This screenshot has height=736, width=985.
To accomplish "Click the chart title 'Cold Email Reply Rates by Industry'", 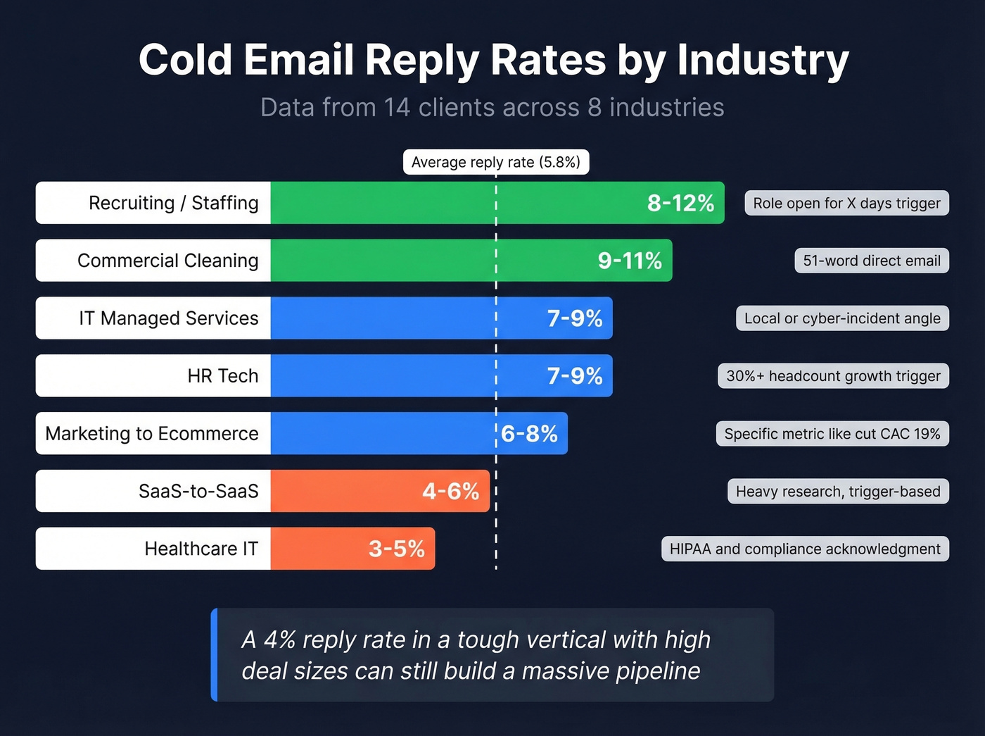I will [x=493, y=60].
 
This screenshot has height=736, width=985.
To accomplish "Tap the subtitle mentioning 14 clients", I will [x=492, y=108].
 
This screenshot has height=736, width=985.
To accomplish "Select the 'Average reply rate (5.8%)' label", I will [x=495, y=162].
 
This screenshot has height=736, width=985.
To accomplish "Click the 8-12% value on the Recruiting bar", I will [x=680, y=203].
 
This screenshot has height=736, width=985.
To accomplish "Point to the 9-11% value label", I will [x=630, y=261].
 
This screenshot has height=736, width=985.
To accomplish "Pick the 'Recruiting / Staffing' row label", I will [x=173, y=203].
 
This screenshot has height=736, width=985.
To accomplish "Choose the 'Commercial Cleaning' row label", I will [x=167, y=261].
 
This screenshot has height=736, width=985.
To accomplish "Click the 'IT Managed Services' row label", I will [x=168, y=318].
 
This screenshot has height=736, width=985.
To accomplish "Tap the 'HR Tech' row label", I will [x=222, y=376].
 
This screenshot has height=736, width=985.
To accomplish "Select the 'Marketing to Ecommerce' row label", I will [x=152, y=434].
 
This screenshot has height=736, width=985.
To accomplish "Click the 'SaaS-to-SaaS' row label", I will [x=198, y=492].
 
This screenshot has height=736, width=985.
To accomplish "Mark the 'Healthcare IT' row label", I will [x=201, y=549].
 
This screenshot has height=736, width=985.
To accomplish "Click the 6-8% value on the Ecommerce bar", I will [x=529, y=434].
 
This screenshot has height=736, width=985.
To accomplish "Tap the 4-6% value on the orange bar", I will [x=450, y=492].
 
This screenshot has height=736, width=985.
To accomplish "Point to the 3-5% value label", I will [x=396, y=549].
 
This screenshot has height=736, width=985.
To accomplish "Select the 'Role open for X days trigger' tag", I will [x=846, y=204].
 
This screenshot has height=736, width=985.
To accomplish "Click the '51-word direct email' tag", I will [x=872, y=261].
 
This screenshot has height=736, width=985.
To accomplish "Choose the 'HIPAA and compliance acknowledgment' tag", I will [x=805, y=549].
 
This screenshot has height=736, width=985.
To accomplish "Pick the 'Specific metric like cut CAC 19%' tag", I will [x=832, y=434].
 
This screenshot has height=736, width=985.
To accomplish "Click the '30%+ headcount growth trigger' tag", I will [x=833, y=376].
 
